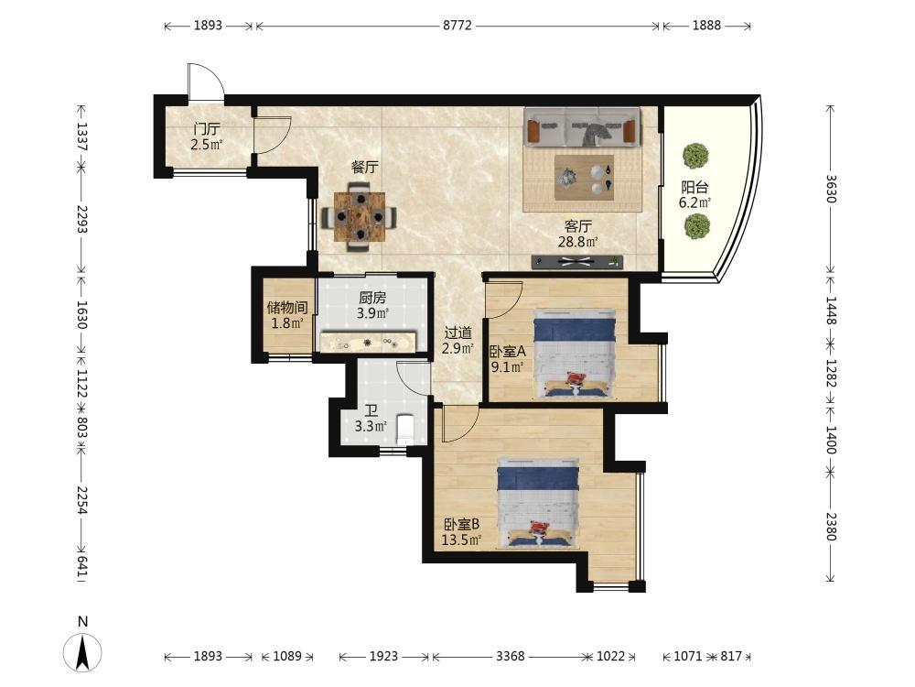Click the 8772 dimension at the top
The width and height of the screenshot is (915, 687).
tap(457, 25)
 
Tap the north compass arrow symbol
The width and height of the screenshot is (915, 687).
tap(83, 651)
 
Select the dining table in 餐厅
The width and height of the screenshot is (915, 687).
tap(360, 217)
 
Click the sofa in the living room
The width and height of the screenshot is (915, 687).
tap(582, 126)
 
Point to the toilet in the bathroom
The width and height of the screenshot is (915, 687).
tap(405, 428)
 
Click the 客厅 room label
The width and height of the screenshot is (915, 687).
tap(578, 226)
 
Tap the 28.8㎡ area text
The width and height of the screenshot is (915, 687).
tap(578, 241)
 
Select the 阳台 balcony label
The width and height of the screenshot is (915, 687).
tap(695, 188)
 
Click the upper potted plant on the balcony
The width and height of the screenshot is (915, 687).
tap(695, 156)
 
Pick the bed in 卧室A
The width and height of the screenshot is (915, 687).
tap(576, 354)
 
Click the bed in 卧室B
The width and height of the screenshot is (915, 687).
tap(538, 503)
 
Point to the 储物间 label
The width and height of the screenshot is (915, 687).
tap(287, 307)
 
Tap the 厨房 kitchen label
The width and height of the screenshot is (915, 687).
tap(372, 298)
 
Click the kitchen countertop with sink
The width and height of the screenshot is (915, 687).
tap(368, 342)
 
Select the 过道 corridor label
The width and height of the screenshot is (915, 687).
tap(458, 333)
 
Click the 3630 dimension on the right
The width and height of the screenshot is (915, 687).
tap(831, 189)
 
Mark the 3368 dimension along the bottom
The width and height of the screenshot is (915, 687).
tap(510, 656)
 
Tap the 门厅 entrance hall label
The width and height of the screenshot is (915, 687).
tap(207, 128)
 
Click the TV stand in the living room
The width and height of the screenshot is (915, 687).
tap(577, 262)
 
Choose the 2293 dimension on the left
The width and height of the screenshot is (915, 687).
tap(81, 220)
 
